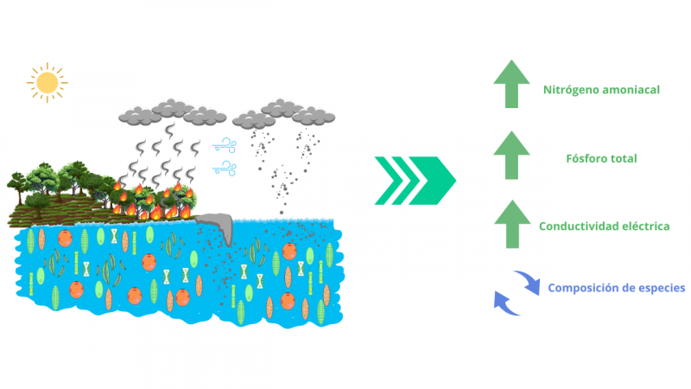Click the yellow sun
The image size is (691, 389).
point(47,82)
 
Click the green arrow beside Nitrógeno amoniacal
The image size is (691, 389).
point(511,86)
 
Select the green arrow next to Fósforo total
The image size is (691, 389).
point(511,156)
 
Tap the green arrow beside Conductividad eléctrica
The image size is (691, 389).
point(511,224)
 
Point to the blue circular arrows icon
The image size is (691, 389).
point(514,291)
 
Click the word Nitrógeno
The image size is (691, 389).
point(568,89)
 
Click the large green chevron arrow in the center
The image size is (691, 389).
point(415,180)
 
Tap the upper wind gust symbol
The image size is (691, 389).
point(226,143)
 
